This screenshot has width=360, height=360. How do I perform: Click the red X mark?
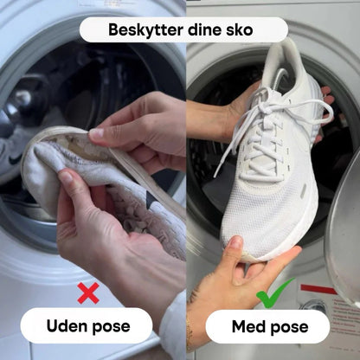point(88,293)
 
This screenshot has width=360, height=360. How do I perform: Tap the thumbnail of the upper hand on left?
point(96,134)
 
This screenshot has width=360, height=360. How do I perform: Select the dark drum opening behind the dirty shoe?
point(52,87)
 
